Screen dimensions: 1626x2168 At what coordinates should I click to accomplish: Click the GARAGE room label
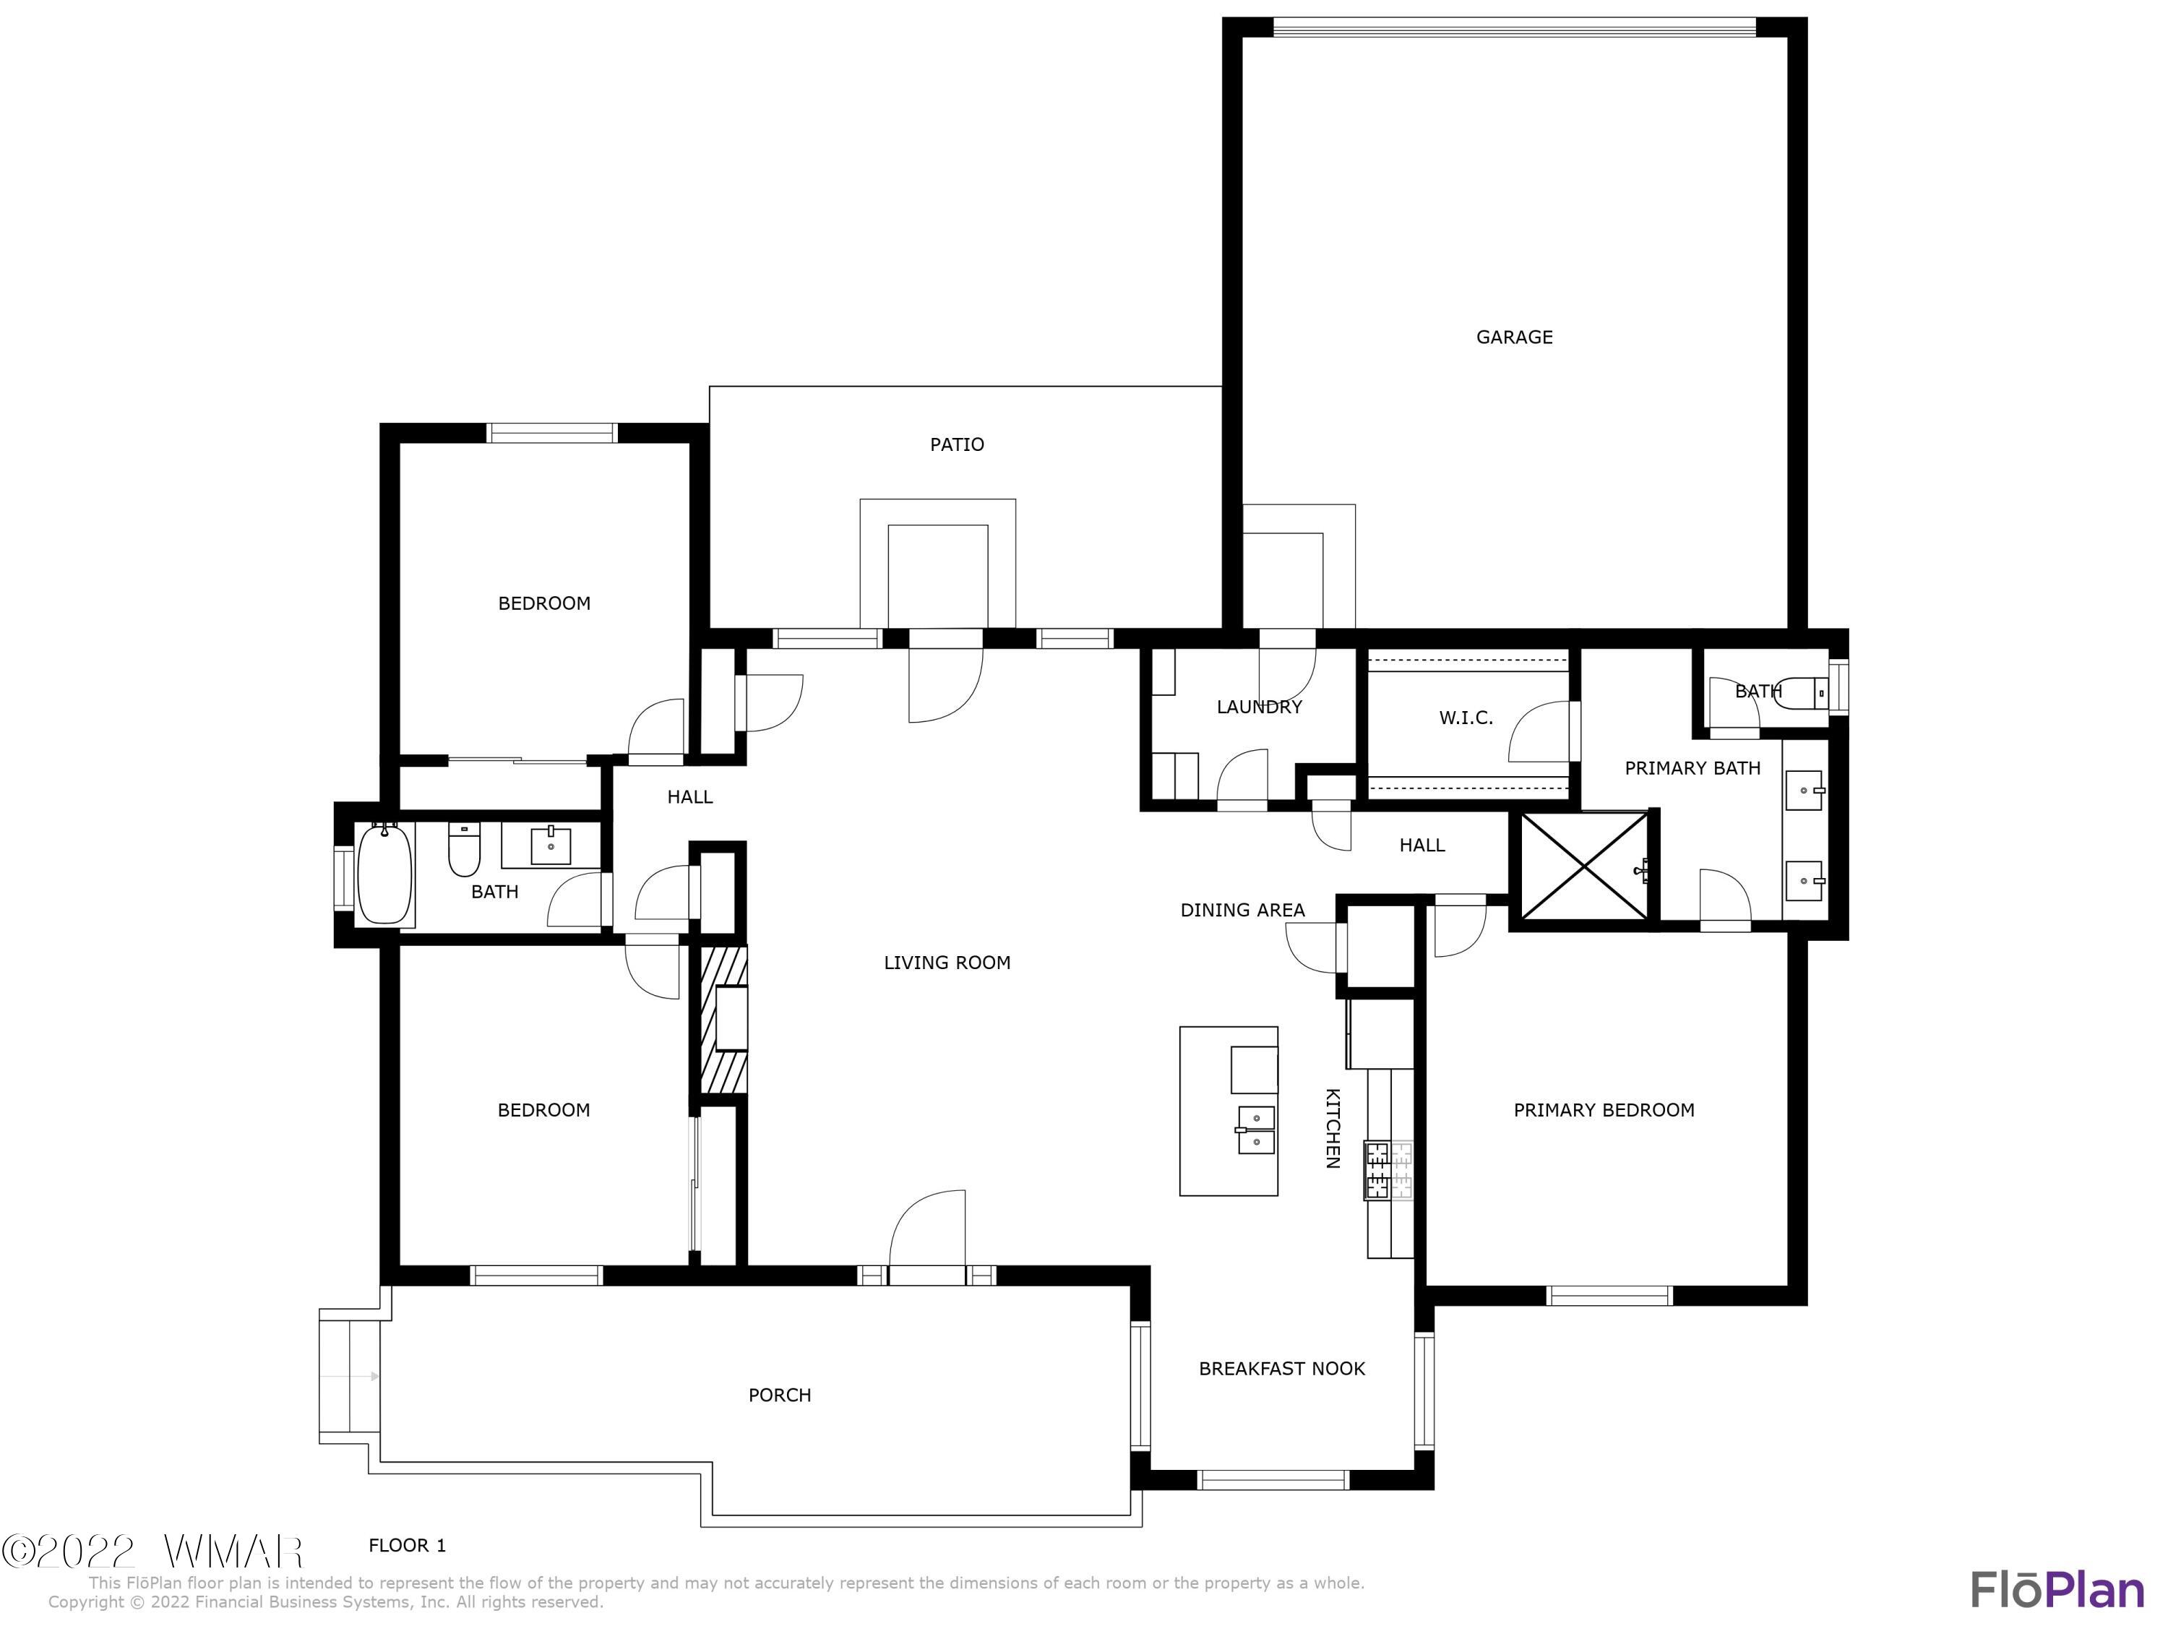click(1513, 337)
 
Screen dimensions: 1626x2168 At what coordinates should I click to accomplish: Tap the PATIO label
click(957, 445)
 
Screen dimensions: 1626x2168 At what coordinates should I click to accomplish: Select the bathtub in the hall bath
click(384, 875)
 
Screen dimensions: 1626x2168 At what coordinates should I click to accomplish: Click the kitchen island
click(1227, 1111)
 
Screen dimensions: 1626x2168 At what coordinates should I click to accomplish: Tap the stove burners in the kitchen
click(1388, 1170)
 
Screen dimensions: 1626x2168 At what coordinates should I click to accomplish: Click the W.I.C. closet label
click(1466, 718)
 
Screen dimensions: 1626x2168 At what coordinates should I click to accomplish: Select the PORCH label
click(779, 1395)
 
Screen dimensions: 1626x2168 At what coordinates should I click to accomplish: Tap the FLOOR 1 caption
click(407, 1546)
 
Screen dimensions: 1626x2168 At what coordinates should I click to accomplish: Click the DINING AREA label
click(1242, 910)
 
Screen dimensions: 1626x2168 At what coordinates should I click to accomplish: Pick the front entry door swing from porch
click(927, 1231)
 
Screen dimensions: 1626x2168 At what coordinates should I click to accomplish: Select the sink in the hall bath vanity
click(551, 846)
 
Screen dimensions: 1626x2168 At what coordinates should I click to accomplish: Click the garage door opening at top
click(1513, 27)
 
